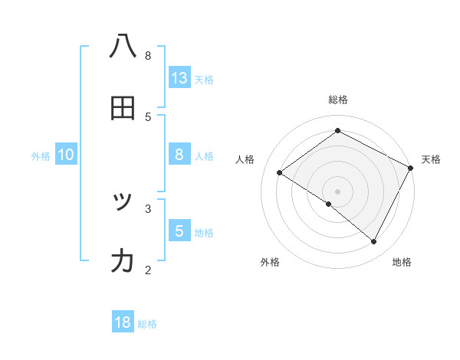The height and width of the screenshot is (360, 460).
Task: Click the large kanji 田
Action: (x=123, y=108)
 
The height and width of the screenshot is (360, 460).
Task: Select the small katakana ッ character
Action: (x=123, y=201)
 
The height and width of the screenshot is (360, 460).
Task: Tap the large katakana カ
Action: (x=123, y=261)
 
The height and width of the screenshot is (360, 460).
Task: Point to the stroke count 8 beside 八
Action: (x=148, y=55)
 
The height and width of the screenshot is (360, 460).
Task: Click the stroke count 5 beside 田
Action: (x=148, y=116)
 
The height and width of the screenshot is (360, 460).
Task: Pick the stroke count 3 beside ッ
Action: (x=148, y=208)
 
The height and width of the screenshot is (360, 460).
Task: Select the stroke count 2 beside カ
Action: (x=148, y=270)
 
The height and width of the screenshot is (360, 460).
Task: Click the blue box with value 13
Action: (x=179, y=77)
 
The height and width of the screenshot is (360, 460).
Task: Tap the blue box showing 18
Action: (x=123, y=322)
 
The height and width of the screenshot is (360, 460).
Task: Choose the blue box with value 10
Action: (x=66, y=155)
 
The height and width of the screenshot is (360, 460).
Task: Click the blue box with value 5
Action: (x=179, y=231)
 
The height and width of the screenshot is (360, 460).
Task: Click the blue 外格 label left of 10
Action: (x=41, y=156)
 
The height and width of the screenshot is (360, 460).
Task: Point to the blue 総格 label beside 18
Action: (x=147, y=324)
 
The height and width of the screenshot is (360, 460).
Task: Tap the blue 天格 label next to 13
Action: (x=204, y=79)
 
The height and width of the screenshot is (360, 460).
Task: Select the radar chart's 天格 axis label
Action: (x=431, y=159)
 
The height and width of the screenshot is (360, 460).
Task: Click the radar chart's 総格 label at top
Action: (x=338, y=100)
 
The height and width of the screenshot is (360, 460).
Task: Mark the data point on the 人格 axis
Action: (x=280, y=172)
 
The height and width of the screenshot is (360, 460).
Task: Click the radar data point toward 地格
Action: (x=374, y=241)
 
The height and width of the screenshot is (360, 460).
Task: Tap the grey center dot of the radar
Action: (x=338, y=191)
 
